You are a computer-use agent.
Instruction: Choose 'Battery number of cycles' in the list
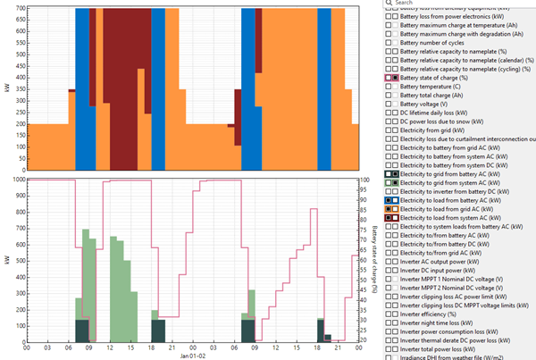point(441,43)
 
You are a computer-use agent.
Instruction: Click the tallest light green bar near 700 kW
point(86,268)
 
